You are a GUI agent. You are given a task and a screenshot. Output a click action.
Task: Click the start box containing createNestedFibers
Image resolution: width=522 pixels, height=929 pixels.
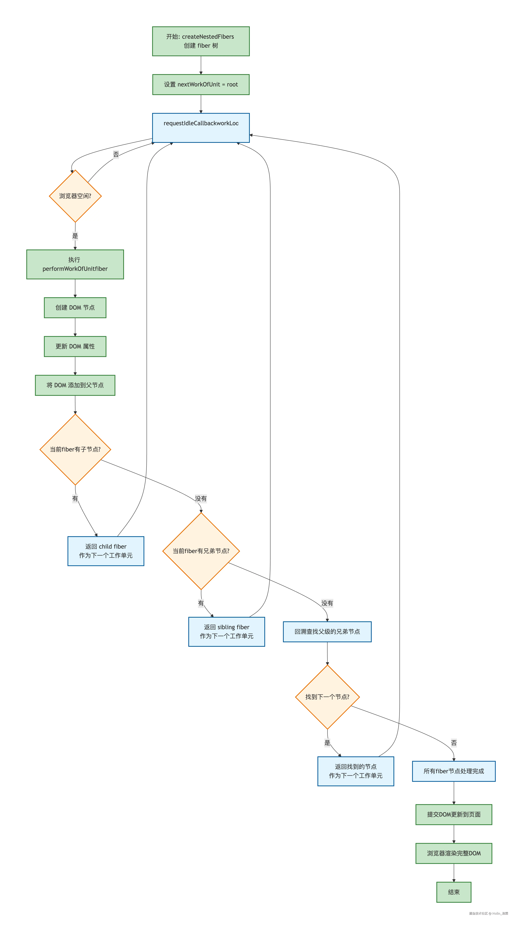tap(201, 41)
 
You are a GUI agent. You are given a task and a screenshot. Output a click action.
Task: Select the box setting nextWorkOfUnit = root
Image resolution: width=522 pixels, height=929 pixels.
tap(201, 84)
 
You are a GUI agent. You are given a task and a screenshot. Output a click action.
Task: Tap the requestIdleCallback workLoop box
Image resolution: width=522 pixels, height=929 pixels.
tap(201, 128)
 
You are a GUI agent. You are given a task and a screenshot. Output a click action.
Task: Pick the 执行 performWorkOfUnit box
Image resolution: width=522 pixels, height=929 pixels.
tap(75, 264)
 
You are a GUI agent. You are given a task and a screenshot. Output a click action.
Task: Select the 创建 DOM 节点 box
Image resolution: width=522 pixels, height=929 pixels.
tap(75, 307)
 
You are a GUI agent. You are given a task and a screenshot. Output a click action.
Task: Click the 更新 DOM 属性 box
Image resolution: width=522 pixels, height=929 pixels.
tap(75, 346)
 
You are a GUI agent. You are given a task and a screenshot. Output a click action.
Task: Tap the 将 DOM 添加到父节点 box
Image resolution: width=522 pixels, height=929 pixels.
tap(75, 385)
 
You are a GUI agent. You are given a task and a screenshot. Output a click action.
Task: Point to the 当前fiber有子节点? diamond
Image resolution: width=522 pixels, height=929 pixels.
tap(75, 449)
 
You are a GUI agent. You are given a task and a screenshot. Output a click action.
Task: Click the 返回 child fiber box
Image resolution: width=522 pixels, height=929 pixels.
tap(106, 551)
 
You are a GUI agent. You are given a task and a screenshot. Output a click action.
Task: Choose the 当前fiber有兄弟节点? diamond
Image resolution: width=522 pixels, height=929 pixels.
tap(201, 551)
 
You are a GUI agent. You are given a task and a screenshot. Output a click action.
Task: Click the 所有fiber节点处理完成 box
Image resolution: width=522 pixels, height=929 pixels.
tap(454, 771)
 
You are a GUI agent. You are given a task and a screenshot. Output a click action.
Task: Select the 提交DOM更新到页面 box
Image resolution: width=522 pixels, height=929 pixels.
tap(454, 814)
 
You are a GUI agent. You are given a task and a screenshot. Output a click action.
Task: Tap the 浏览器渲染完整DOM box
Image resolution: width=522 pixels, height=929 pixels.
tap(454, 853)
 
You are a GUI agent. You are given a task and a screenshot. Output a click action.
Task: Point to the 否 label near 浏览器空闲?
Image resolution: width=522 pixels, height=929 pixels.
tap(116, 154)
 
